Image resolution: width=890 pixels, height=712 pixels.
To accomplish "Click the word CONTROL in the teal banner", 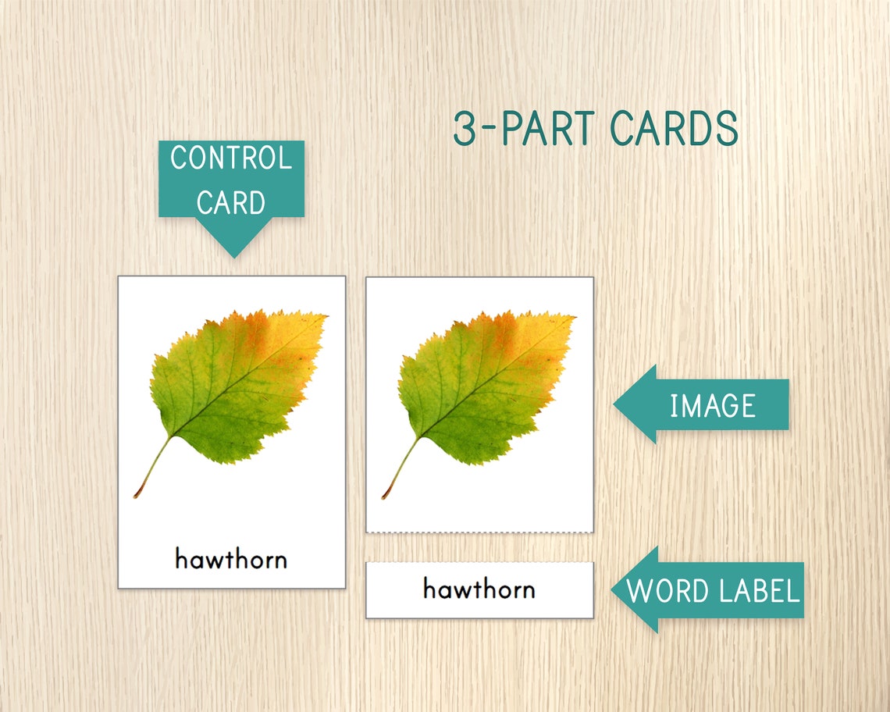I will click(231, 158).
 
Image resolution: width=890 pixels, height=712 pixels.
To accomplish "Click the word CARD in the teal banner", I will click(231, 202).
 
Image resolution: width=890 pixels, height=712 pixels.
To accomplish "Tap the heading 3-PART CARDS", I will click(595, 129).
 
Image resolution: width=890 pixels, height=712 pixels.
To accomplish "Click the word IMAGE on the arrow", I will click(712, 405).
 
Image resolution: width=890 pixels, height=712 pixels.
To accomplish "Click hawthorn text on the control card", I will click(231, 559).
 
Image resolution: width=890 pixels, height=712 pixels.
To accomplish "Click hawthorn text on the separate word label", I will click(479, 589).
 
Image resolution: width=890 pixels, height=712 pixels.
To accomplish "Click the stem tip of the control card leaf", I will click(137, 496).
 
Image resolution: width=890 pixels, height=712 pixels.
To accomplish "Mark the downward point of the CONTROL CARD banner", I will click(232, 256).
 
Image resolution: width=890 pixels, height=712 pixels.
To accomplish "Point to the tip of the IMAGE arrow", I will click(616, 404).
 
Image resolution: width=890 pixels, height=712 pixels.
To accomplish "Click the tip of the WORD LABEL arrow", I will click(614, 591).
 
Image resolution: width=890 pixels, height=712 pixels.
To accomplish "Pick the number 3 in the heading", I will click(465, 129).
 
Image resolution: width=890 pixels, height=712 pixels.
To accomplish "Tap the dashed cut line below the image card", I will click(479, 533).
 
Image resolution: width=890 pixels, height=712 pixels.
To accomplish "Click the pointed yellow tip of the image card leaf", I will click(575, 316).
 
